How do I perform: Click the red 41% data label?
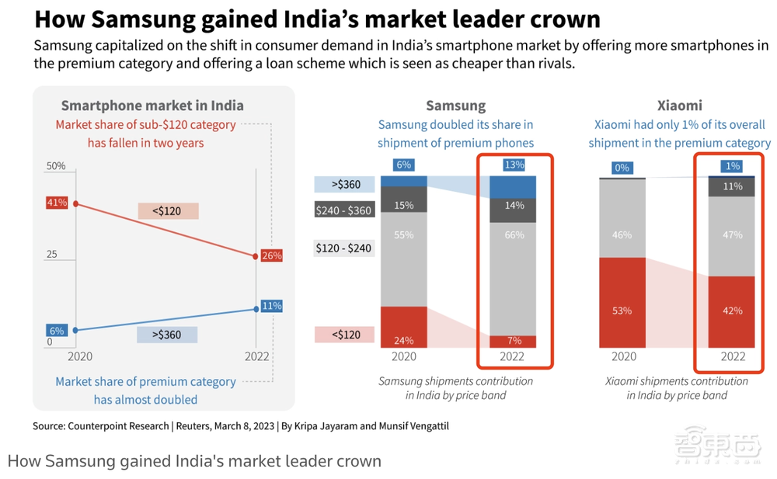coord(57,203)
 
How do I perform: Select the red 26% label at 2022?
coord(271,255)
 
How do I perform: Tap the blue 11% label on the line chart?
coord(271,306)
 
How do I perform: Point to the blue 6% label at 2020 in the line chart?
coord(57,331)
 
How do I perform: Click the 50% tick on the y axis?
coord(56,167)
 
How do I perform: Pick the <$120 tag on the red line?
coord(168,210)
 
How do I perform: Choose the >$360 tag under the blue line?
coord(167,335)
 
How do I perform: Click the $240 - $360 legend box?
coord(344,210)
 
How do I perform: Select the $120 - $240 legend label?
coord(344,248)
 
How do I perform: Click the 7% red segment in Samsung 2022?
coord(514,341)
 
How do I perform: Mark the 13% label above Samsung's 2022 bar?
coord(514,165)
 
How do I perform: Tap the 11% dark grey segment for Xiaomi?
coord(732,187)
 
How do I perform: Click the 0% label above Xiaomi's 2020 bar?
coord(622,167)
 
